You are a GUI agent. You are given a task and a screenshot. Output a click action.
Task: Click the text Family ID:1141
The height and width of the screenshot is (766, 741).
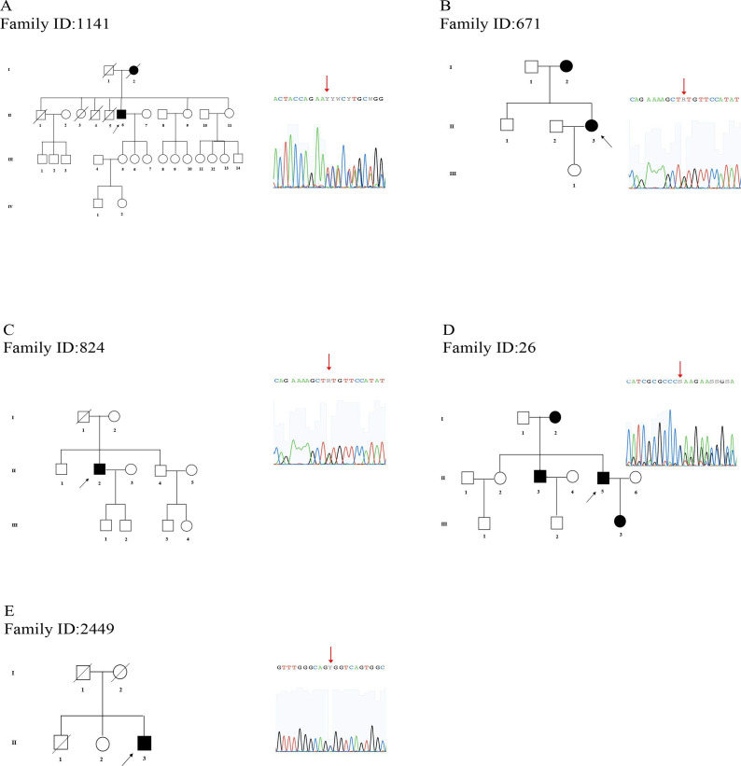(58, 24)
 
